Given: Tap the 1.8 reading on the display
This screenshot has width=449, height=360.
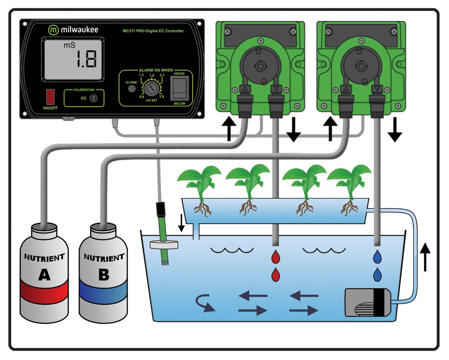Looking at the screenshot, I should [x=85, y=58].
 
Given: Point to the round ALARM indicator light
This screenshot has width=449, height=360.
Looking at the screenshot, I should [x=132, y=89].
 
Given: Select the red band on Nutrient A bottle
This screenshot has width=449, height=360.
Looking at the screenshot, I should [x=44, y=292].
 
